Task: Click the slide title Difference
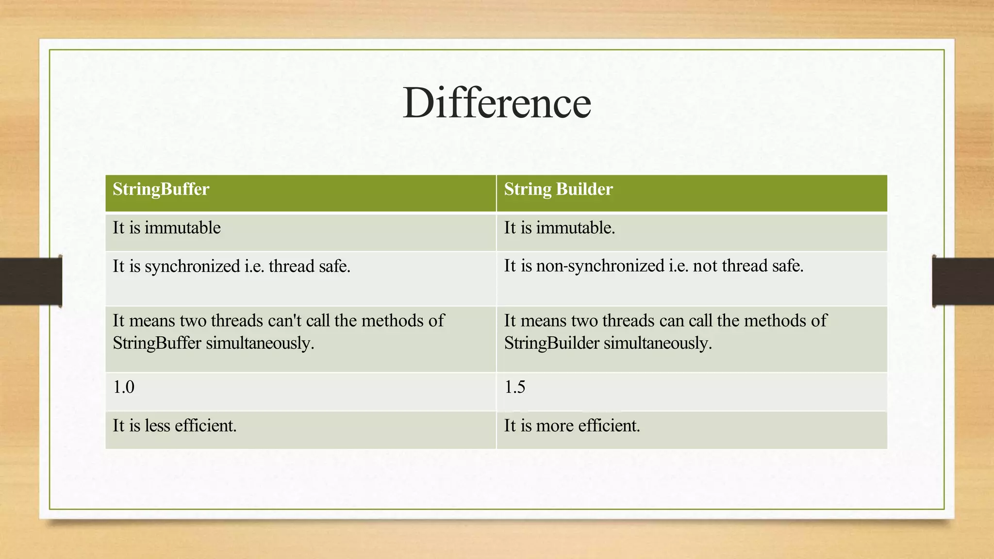(497, 103)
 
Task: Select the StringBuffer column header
(161, 189)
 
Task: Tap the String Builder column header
(558, 189)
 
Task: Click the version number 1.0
(123, 387)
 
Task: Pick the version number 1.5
(514, 387)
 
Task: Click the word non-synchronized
(600, 266)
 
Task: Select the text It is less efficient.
(175, 426)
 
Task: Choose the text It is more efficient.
(572, 426)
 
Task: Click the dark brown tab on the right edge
(963, 281)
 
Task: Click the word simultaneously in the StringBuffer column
(260, 344)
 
